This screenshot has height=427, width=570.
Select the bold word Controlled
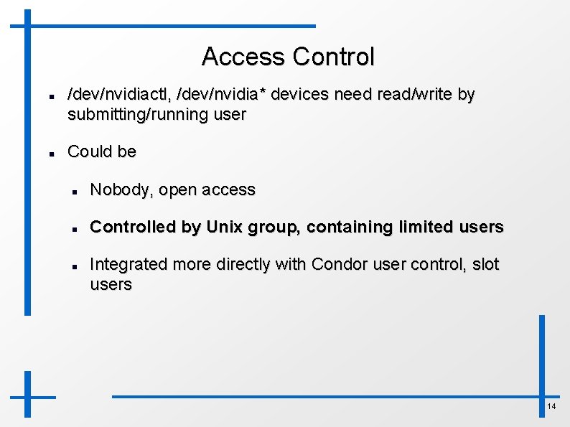point(135,227)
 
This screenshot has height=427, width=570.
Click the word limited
point(420,227)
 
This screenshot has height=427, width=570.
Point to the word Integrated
point(127,265)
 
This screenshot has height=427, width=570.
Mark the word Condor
point(338,265)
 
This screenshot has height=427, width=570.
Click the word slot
point(485,265)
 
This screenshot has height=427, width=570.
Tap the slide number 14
point(551,407)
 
